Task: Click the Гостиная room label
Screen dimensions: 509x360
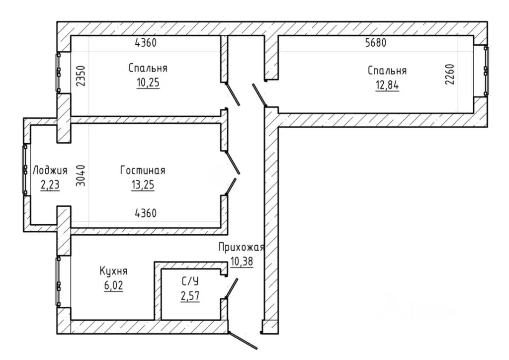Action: pyautogui.click(x=143, y=171)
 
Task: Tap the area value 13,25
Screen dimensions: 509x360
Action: pyautogui.click(x=143, y=185)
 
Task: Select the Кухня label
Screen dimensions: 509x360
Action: pyautogui.click(x=113, y=271)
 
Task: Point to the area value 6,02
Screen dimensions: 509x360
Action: pyautogui.click(x=114, y=285)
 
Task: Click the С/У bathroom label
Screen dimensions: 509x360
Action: pyautogui.click(x=190, y=281)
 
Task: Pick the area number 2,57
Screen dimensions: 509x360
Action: pyautogui.click(x=190, y=296)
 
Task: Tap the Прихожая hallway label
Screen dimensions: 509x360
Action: pyautogui.click(x=241, y=247)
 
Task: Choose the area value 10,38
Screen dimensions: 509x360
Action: pyautogui.click(x=242, y=262)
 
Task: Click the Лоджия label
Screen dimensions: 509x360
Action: pyautogui.click(x=50, y=171)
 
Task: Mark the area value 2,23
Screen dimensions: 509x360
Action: pyautogui.click(x=50, y=185)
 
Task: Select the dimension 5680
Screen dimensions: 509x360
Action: pyautogui.click(x=376, y=43)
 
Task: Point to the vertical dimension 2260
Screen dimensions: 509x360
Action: pyautogui.click(x=450, y=75)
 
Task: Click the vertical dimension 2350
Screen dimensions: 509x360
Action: pyautogui.click(x=81, y=76)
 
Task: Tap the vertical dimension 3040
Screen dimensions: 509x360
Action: pyautogui.click(x=81, y=176)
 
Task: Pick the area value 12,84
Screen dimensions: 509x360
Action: pyautogui.click(x=387, y=86)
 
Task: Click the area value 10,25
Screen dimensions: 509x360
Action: pyautogui.click(x=148, y=83)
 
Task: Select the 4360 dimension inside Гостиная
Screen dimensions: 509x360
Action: pyautogui.click(x=146, y=213)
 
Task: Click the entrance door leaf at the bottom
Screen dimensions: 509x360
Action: pyautogui.click(x=243, y=341)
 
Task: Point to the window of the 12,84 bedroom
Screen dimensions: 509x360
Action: pyautogui.click(x=486, y=71)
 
